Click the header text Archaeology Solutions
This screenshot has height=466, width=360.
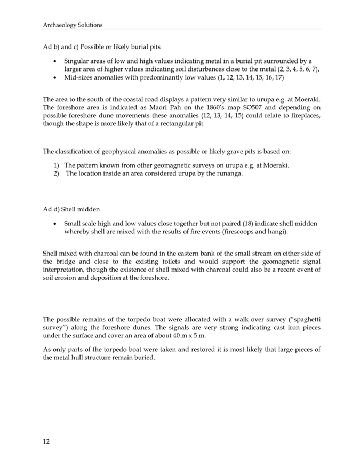pyautogui.click(x=73, y=25)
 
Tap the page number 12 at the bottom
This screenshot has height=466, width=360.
pyautogui.click(x=46, y=441)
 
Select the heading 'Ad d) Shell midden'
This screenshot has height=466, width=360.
pyautogui.click(x=73, y=209)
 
